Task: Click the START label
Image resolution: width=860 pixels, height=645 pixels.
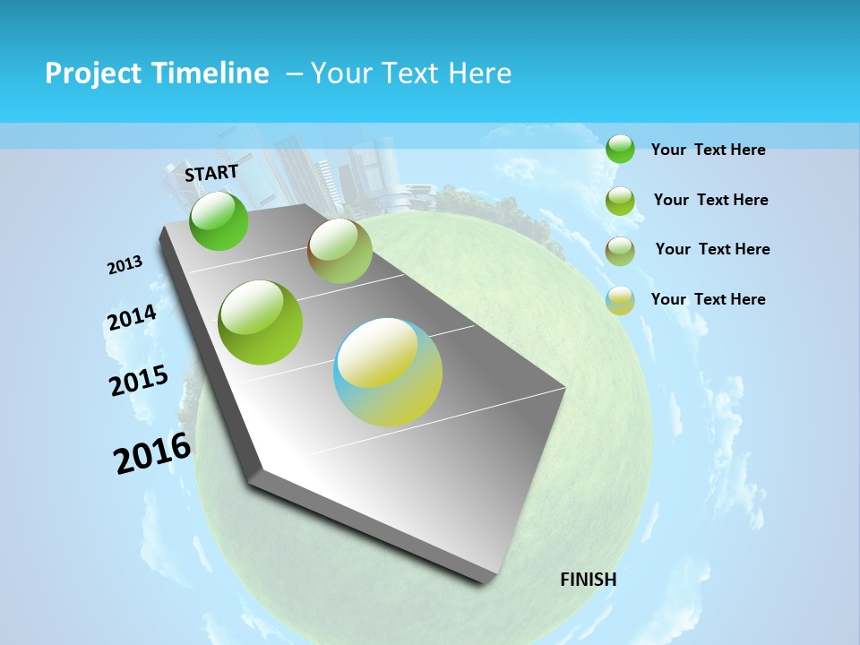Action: tap(211, 173)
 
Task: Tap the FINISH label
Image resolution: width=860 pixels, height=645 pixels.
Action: tap(588, 580)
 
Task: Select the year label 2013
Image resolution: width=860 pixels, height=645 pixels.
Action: tap(125, 265)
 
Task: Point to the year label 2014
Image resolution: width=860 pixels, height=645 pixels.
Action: tap(132, 318)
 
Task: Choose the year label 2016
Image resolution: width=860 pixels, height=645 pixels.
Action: tap(152, 453)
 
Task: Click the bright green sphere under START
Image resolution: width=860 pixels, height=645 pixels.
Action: tap(219, 220)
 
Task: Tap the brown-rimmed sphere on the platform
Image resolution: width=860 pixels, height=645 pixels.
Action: tap(340, 251)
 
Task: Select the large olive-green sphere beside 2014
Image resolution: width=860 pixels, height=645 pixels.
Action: tap(261, 322)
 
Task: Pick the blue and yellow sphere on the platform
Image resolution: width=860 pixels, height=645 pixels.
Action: tap(388, 372)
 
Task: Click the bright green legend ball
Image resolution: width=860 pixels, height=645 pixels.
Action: tap(620, 149)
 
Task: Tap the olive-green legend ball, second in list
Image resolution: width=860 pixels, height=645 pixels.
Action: tap(620, 201)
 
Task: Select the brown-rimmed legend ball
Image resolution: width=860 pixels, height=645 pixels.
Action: tap(620, 251)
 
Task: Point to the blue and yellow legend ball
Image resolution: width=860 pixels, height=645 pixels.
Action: tap(620, 300)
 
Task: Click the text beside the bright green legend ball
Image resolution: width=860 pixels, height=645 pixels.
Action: tap(708, 150)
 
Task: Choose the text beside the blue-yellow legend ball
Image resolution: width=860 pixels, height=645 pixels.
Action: tap(708, 299)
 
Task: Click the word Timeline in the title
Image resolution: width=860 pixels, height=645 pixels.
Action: tap(211, 73)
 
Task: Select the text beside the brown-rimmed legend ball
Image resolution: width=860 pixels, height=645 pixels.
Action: tap(712, 249)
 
